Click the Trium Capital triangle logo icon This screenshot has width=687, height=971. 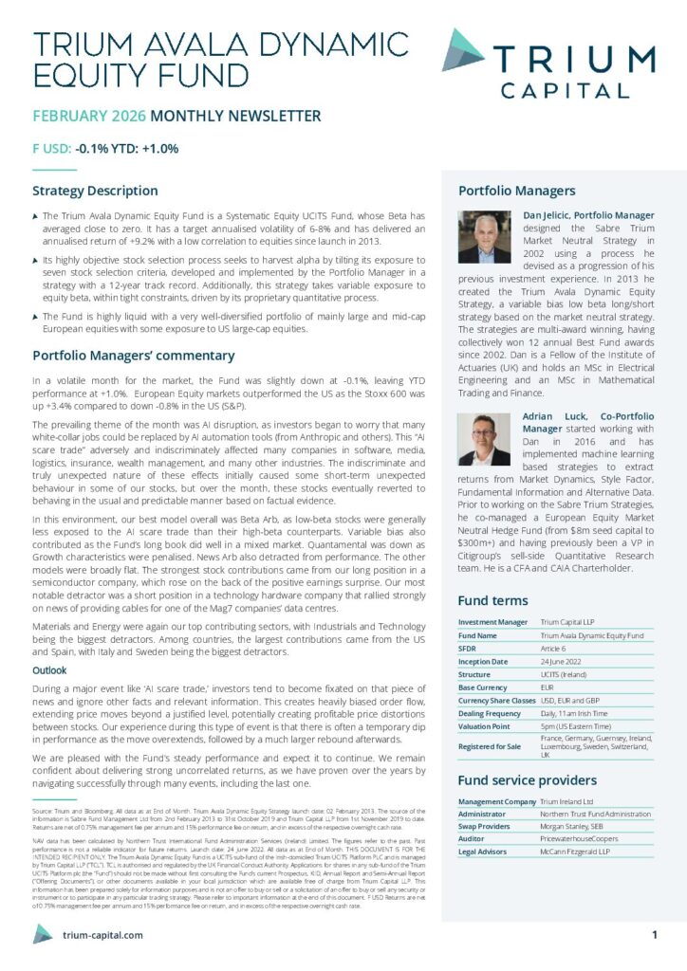coord(464,49)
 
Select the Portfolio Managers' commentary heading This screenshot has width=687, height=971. coord(133,356)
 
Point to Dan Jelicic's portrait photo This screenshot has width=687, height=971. coord(484,237)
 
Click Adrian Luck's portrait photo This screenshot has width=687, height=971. coord(484,439)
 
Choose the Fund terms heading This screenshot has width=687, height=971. coord(492,600)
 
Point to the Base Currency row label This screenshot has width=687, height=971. coord(484,687)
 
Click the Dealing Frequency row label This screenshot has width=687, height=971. coord(491,712)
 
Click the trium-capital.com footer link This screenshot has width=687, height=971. coord(102,935)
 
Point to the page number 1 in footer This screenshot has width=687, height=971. coord(656,935)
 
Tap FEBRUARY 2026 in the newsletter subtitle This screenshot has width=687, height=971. coord(89,117)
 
